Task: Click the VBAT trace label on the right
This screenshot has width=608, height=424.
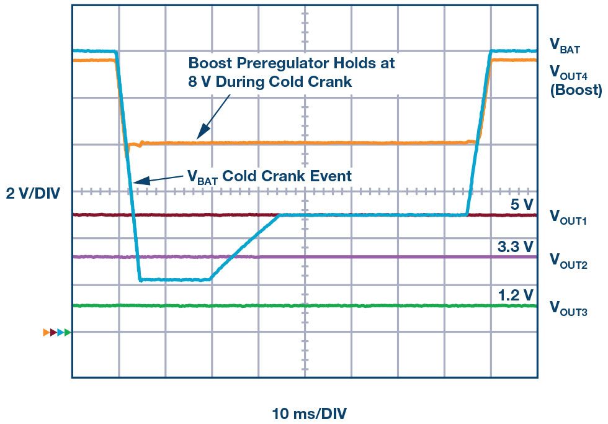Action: click(x=565, y=44)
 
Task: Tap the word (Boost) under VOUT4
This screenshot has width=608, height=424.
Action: click(x=576, y=89)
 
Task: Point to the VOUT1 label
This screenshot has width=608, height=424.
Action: click(x=569, y=217)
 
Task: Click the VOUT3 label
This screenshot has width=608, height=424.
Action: click(x=569, y=307)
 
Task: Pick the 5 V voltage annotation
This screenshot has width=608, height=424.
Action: click(x=519, y=204)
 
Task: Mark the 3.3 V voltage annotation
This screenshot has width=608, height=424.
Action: click(x=515, y=246)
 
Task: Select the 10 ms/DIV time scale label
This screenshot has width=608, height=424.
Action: click(x=305, y=412)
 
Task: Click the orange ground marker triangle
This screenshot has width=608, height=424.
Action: click(x=46, y=333)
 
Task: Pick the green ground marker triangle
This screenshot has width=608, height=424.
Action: click(x=68, y=333)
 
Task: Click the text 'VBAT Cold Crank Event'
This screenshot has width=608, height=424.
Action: click(x=269, y=176)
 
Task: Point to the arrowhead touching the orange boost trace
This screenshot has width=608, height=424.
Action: click(x=199, y=135)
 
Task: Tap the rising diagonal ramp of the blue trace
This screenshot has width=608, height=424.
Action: click(x=245, y=247)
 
